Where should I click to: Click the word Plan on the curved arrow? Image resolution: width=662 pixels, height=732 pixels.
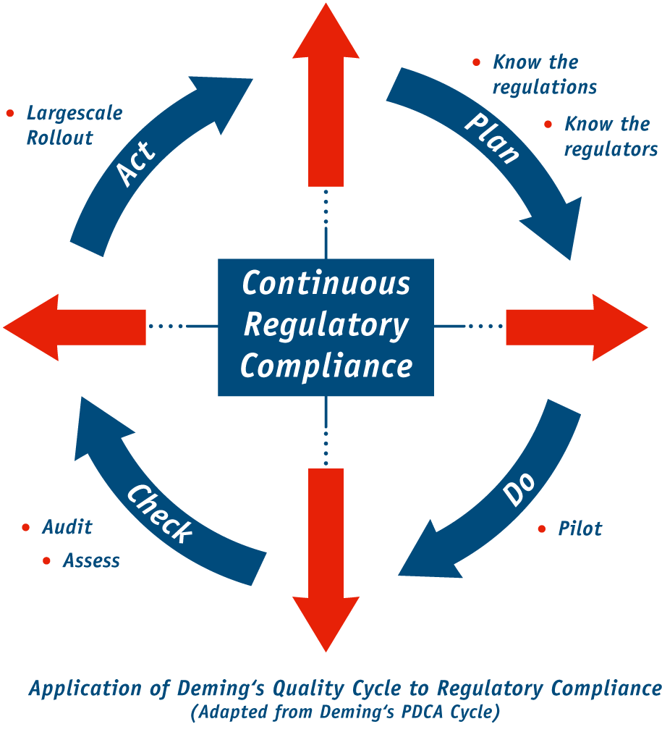492,138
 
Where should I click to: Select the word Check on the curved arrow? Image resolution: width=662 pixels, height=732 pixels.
160,513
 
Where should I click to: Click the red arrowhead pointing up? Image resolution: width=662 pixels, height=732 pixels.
326,33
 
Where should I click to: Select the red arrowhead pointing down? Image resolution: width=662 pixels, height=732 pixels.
326,623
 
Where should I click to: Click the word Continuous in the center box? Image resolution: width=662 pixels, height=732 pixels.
326,283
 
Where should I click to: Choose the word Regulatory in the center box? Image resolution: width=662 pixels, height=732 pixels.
326,325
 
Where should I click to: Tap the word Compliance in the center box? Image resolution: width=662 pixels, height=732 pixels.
326,366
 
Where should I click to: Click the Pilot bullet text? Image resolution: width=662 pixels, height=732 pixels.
580,529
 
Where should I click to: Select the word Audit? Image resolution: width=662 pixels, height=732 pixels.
67,527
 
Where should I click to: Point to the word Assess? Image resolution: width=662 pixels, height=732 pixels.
91,561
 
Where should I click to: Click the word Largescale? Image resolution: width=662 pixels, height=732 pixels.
75,114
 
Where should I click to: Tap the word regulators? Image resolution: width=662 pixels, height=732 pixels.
611,150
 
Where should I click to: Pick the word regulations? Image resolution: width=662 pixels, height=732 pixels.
545,88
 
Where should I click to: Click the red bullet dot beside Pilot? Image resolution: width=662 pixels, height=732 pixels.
542,529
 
